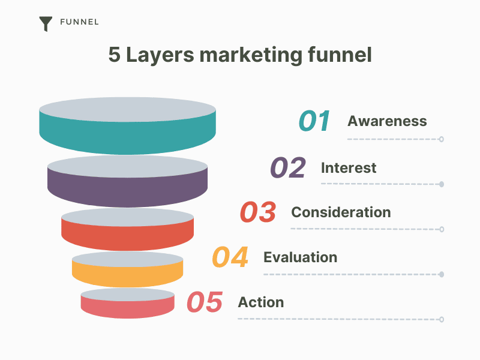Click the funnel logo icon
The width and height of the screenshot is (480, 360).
(46, 23)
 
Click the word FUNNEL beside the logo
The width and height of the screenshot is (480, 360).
(79, 22)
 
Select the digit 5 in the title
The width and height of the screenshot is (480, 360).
(114, 55)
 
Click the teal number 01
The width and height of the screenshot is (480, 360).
(314, 121)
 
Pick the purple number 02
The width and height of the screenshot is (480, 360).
(288, 167)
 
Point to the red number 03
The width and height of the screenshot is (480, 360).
(258, 212)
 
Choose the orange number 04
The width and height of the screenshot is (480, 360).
(230, 257)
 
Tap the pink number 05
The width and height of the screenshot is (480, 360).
(205, 302)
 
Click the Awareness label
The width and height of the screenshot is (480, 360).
(387, 121)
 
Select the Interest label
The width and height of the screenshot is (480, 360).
(349, 168)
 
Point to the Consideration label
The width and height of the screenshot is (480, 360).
(341, 212)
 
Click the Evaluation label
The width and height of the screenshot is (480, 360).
(301, 257)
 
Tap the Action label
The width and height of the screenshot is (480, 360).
(261, 302)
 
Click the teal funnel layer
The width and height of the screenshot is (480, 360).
(127, 138)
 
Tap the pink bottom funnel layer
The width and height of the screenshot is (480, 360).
(127, 309)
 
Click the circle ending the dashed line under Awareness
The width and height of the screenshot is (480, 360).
(441, 139)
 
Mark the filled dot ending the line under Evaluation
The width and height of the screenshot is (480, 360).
(442, 274)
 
